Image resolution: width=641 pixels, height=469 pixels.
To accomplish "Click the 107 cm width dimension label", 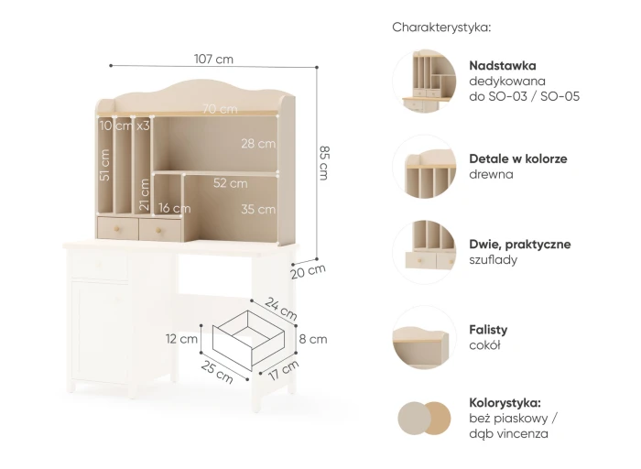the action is pos(213,60).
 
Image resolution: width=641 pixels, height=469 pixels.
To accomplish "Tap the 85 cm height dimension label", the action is pos(324,163).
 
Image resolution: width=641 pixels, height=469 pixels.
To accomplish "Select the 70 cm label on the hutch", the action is pos(220,109).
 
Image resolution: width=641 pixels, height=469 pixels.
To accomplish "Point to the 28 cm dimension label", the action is pos(258,144).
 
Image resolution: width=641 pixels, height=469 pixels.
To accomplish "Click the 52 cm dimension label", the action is pos(230,183).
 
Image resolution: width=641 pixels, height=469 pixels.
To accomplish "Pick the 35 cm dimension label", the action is pos(258,210).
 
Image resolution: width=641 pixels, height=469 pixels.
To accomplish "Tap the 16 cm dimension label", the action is pos(175,208).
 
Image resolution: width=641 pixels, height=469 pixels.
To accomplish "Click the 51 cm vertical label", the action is pos(104,165).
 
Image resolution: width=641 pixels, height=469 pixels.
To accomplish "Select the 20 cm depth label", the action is pos(309,271).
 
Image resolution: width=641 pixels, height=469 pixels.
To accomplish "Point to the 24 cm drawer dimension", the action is pos(281,309).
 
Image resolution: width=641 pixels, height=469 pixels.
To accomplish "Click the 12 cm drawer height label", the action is pos(181,339).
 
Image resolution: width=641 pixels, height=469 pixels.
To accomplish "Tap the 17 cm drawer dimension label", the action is pos(284,370).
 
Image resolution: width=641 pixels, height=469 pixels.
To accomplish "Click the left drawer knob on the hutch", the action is pos(116,229).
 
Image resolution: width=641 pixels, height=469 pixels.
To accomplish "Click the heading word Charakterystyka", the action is pos(440,27).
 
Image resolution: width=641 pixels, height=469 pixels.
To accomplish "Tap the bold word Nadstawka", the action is pos(503,65).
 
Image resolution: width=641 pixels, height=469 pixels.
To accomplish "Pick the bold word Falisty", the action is pos(488,330).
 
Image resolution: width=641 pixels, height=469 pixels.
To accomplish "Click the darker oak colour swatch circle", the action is pos(437,419).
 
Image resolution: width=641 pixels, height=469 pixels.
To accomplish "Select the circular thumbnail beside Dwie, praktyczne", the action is pos(424,252).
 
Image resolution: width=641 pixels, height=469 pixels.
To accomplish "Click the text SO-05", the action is pos(560,96).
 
